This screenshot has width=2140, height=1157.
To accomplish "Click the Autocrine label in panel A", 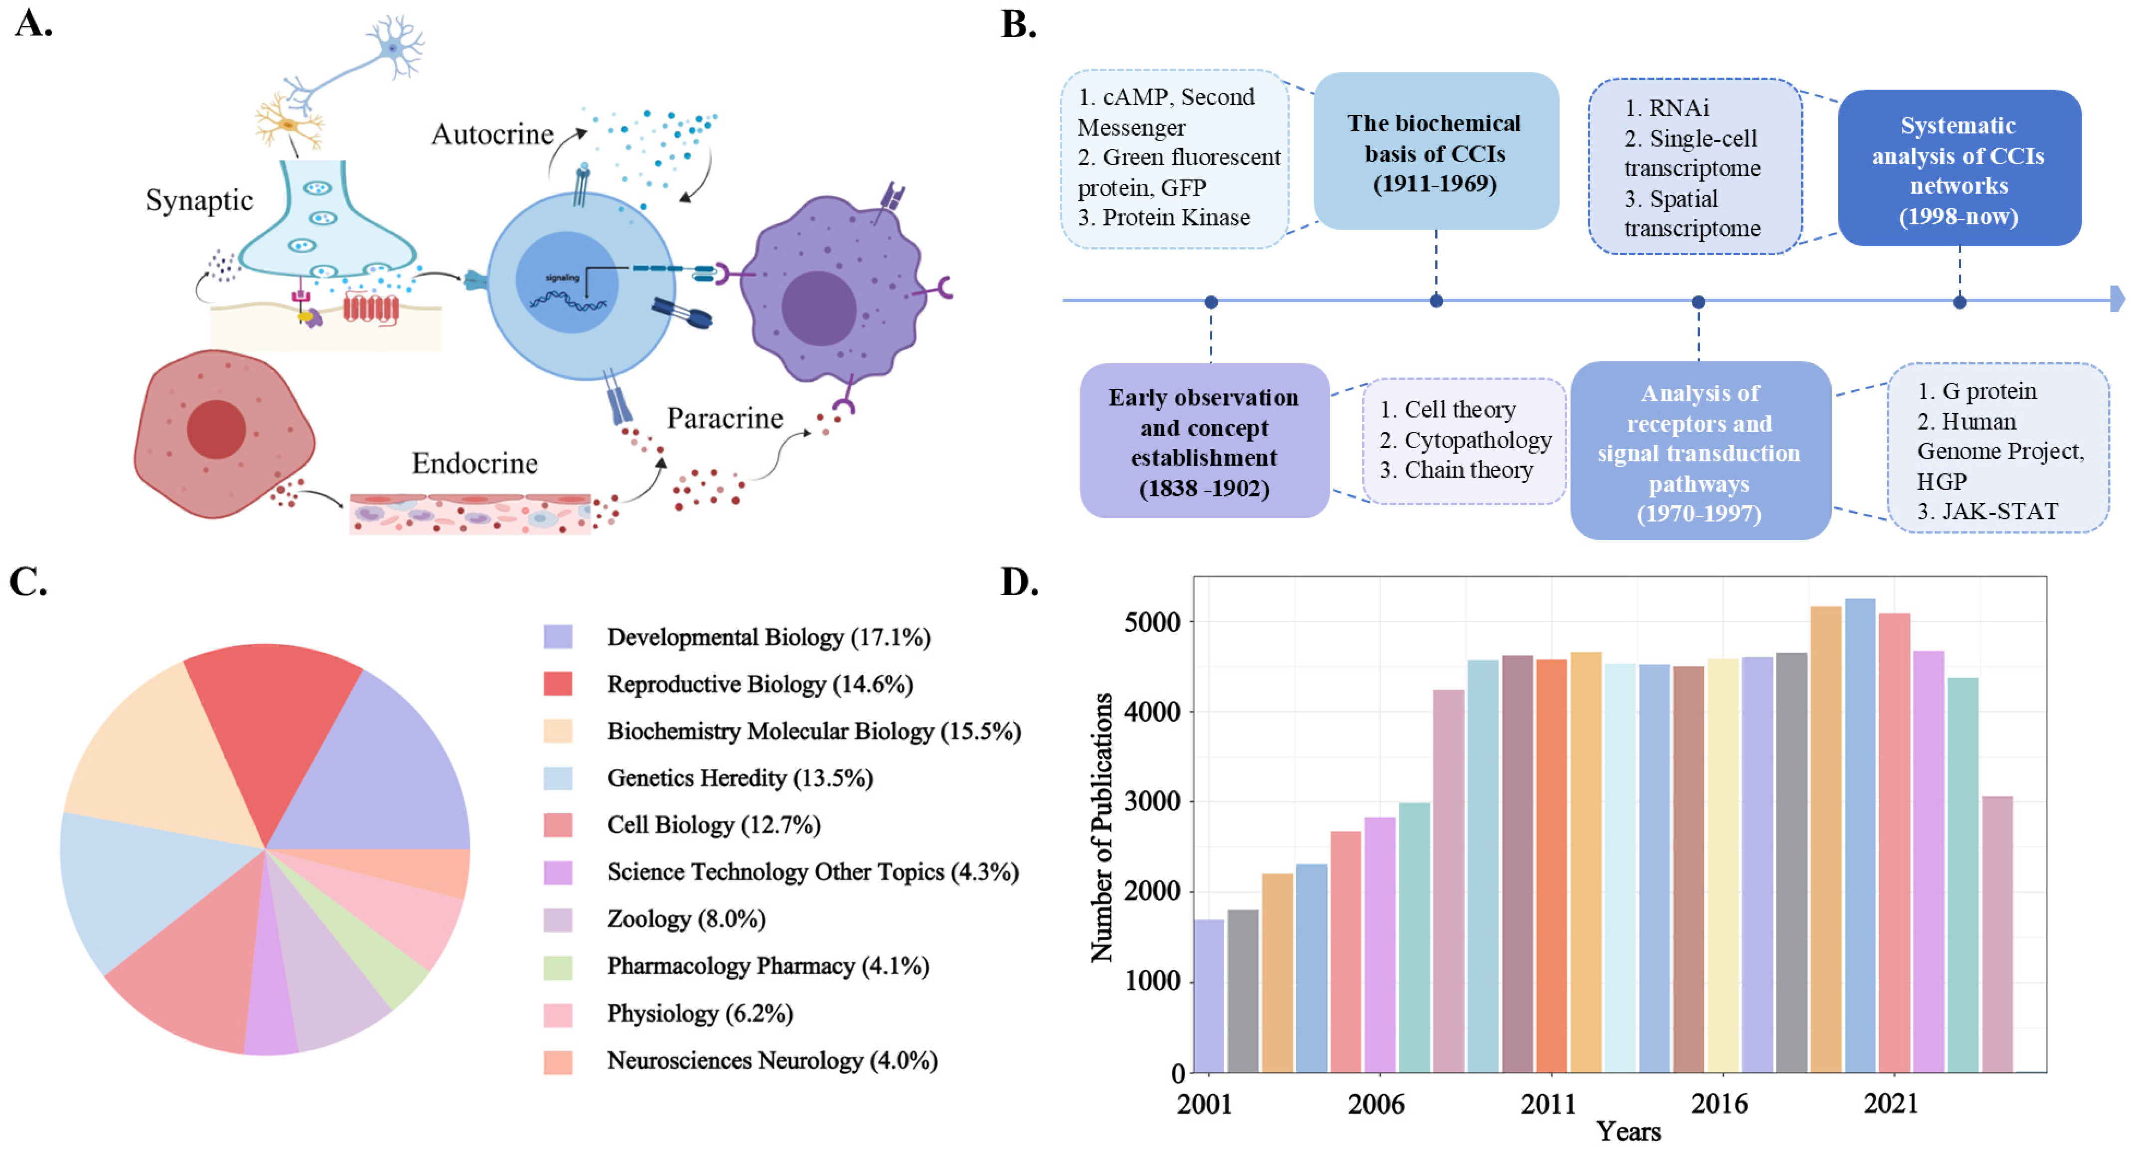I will [x=492, y=135].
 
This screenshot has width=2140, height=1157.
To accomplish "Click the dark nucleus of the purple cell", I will [x=818, y=308].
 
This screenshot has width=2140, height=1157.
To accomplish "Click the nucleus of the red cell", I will [x=216, y=430].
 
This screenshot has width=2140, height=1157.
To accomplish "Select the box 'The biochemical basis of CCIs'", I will [x=1435, y=153].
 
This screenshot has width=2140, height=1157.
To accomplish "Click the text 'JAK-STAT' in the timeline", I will [x=2000, y=511].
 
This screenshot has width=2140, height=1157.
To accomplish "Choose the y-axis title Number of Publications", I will [x=1101, y=827].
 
